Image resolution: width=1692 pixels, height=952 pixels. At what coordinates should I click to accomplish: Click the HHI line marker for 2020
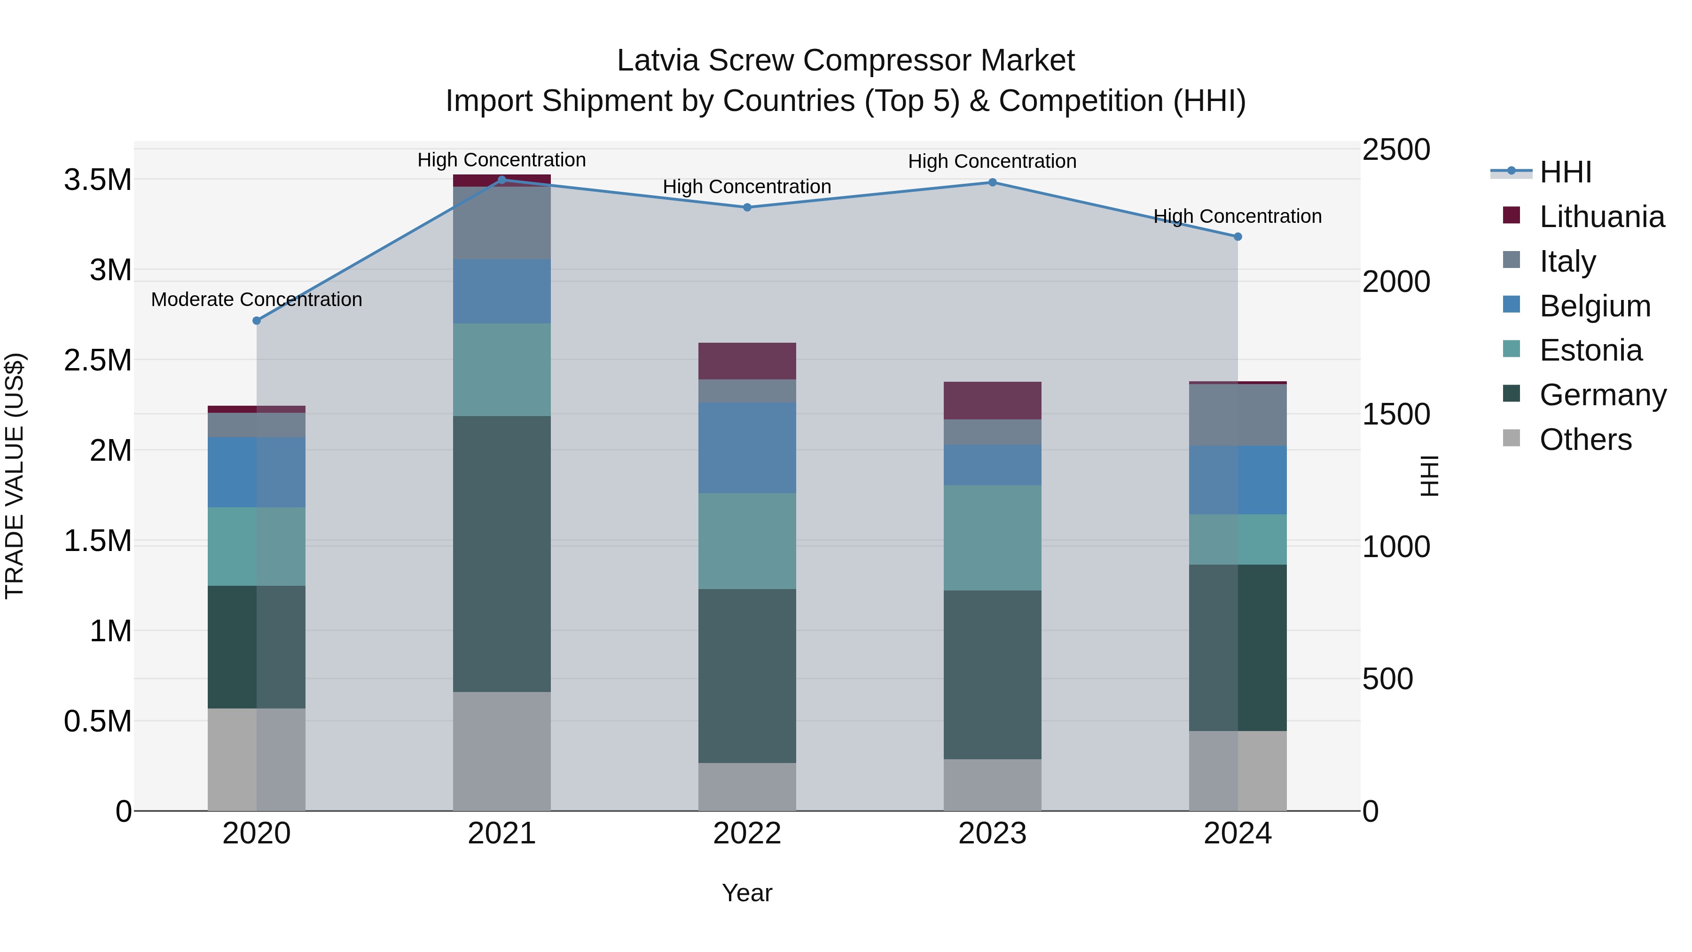tap(257, 321)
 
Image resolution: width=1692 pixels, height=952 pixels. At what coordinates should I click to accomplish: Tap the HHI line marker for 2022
tap(747, 208)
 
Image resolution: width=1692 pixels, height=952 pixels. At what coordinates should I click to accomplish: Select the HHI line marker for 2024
tap(1238, 236)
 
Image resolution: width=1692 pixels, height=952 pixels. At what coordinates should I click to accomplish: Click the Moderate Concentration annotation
tap(257, 299)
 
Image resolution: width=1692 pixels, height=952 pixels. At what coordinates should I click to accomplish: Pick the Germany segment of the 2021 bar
tap(502, 553)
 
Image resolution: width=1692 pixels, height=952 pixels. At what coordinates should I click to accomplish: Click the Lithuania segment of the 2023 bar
tap(993, 400)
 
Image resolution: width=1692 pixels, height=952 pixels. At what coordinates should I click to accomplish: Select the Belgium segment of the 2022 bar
tap(747, 448)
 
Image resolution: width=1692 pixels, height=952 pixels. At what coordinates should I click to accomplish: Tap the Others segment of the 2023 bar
tap(993, 785)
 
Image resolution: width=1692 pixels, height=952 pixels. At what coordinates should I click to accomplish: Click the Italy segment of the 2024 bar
tap(1238, 415)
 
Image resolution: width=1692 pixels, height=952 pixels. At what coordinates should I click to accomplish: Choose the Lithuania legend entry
tap(1601, 217)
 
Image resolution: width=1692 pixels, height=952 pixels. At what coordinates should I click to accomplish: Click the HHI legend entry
tap(1565, 172)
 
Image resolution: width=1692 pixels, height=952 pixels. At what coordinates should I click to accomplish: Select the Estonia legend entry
tap(1590, 350)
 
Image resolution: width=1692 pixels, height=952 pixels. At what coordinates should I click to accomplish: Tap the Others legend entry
tap(1585, 440)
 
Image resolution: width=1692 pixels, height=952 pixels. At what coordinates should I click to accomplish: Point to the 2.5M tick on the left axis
tap(97, 361)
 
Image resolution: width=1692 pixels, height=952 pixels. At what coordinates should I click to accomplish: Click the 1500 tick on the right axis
tap(1396, 415)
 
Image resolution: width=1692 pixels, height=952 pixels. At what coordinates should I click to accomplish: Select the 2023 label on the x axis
tap(993, 834)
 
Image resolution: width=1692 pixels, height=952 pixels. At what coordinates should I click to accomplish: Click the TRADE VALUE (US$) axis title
tap(15, 476)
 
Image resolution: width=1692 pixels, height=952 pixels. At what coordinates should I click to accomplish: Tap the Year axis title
tap(747, 893)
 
